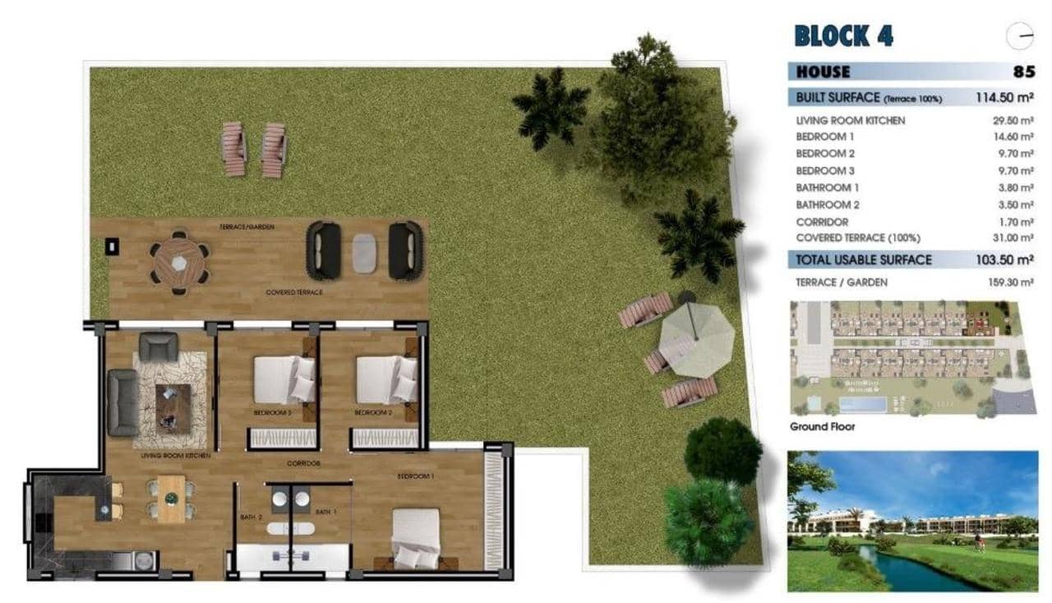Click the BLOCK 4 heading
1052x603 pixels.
tap(843, 36)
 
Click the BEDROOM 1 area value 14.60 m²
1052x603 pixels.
tap(1013, 137)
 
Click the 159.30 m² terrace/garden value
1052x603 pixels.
tap(1010, 282)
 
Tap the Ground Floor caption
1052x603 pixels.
tap(822, 427)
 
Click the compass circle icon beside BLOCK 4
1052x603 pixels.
tap(1019, 36)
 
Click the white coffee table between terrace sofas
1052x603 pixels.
tap(364, 252)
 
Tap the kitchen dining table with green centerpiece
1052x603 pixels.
tap(172, 499)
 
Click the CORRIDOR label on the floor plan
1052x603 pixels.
tap(303, 464)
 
